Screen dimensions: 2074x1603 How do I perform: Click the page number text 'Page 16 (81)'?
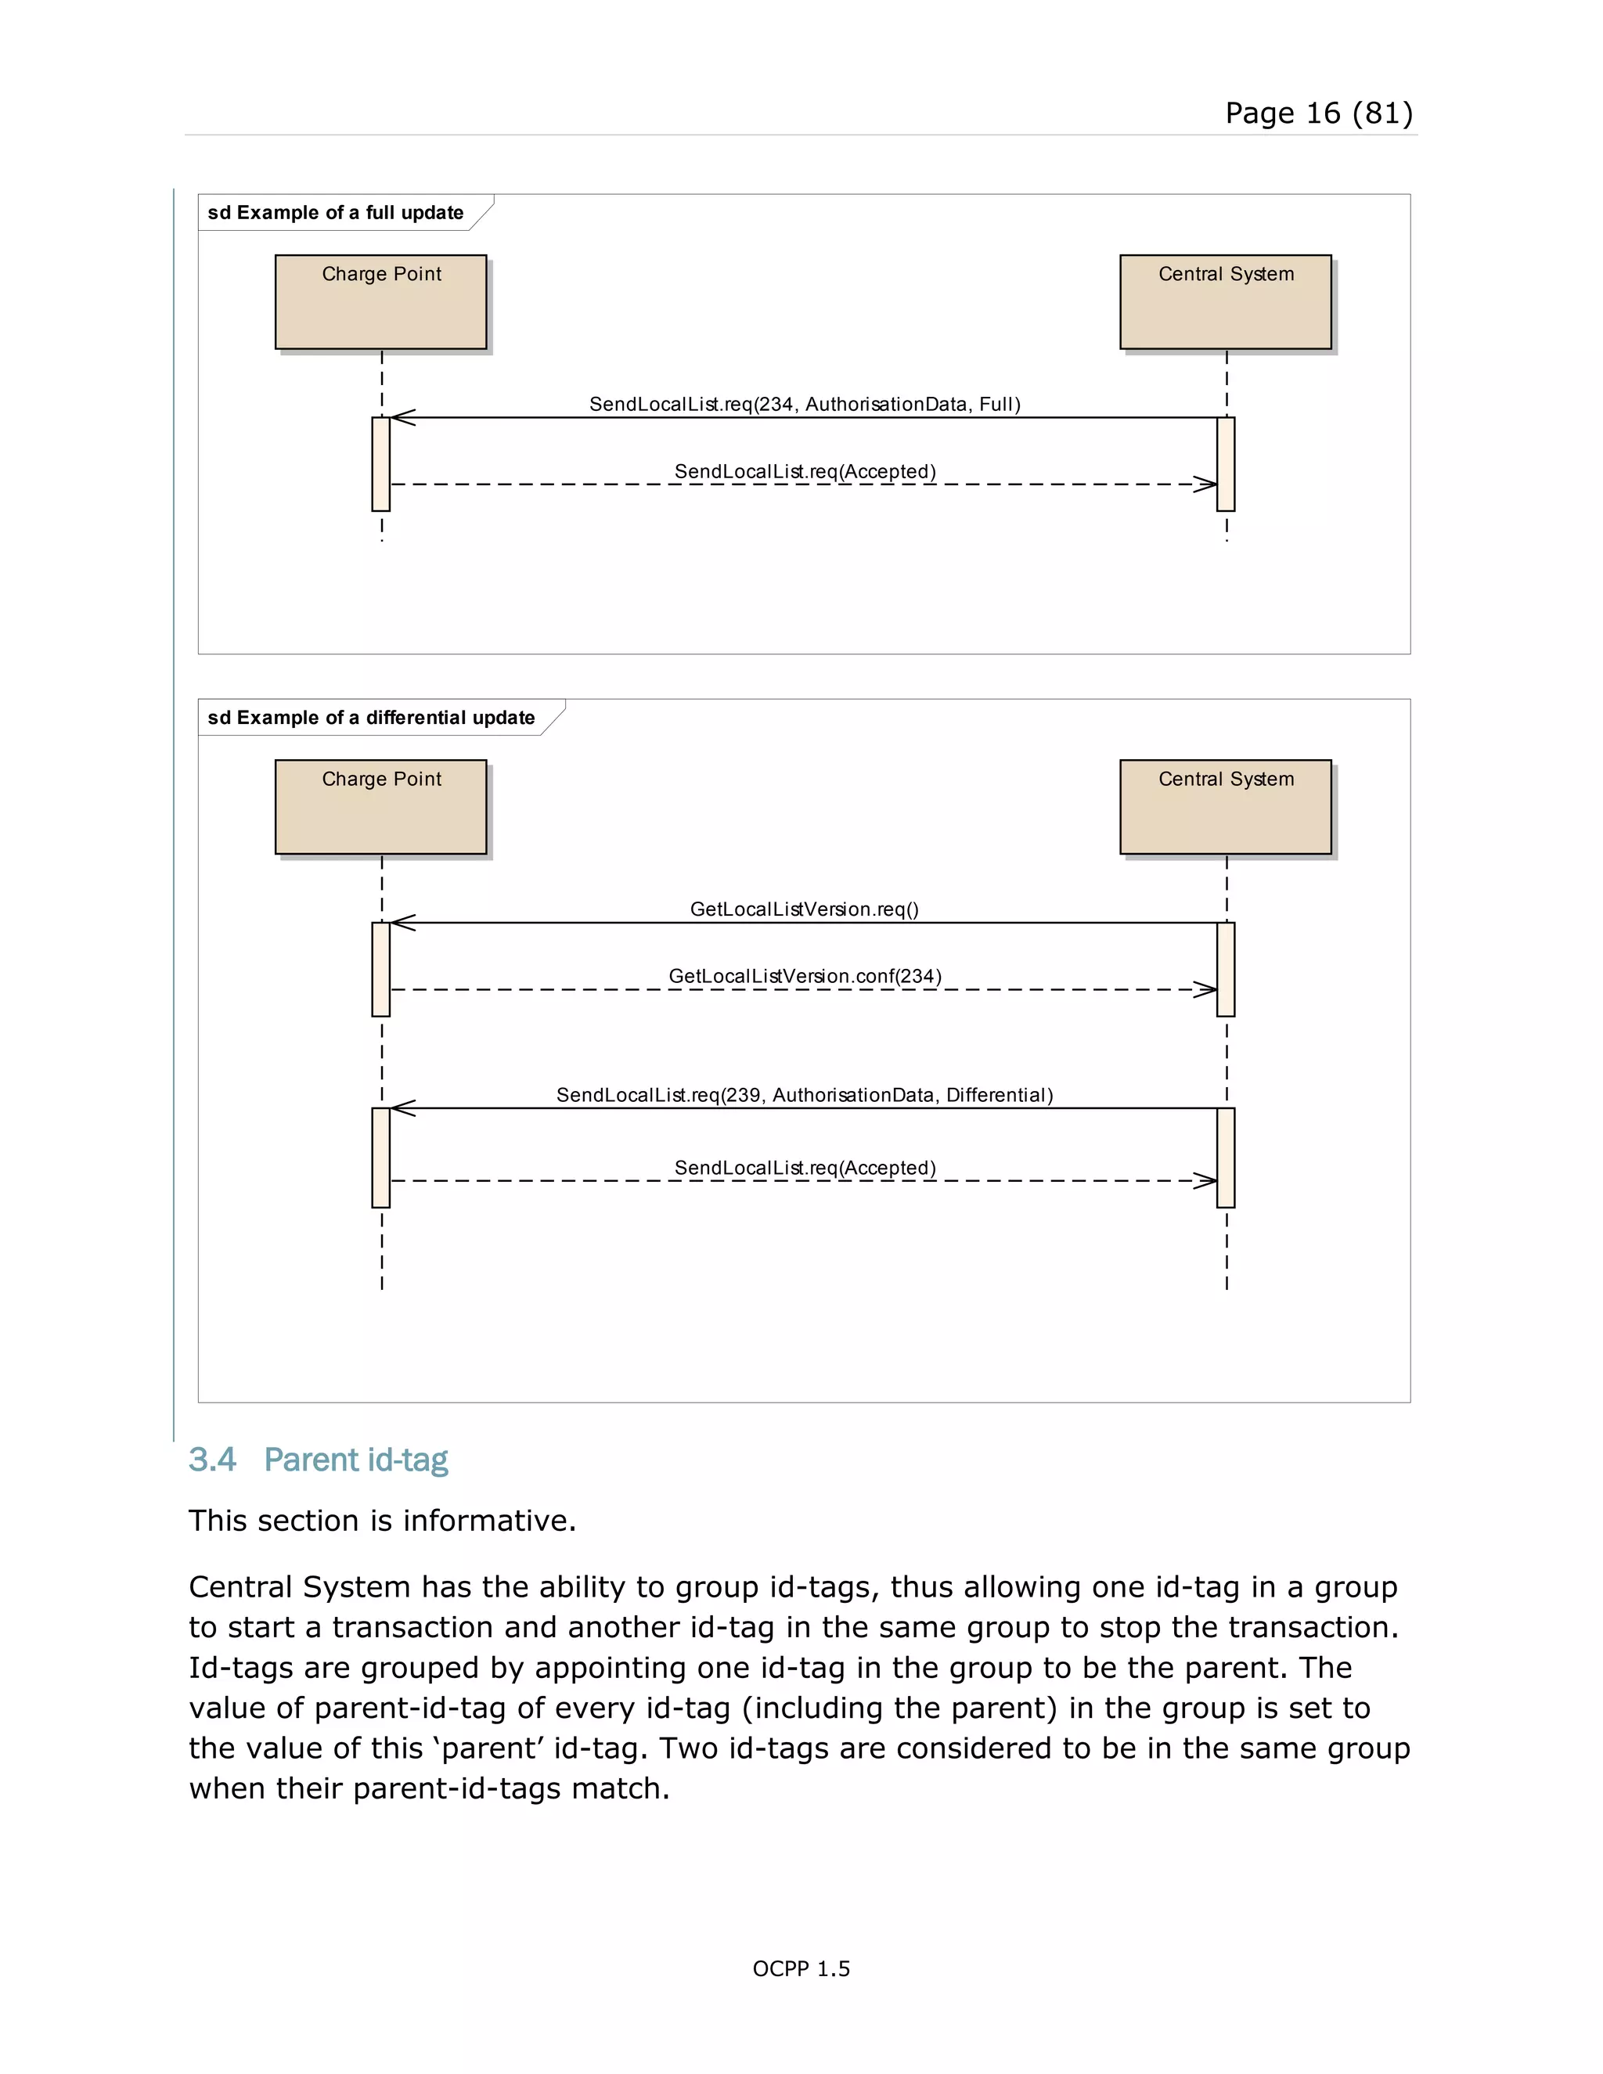coord(1318,113)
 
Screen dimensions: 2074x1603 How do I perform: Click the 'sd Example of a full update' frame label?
coord(335,213)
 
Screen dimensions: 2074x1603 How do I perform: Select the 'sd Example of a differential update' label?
coord(370,718)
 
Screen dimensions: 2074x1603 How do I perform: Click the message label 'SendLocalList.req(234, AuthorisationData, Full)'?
coord(805,405)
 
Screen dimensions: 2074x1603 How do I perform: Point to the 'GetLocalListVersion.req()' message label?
coord(805,909)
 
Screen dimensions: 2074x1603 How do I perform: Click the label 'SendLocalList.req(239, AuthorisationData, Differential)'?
coord(805,1095)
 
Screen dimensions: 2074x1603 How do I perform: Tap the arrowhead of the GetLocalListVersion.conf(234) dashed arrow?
coord(1206,989)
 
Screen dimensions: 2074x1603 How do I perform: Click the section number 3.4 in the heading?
coord(212,1460)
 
